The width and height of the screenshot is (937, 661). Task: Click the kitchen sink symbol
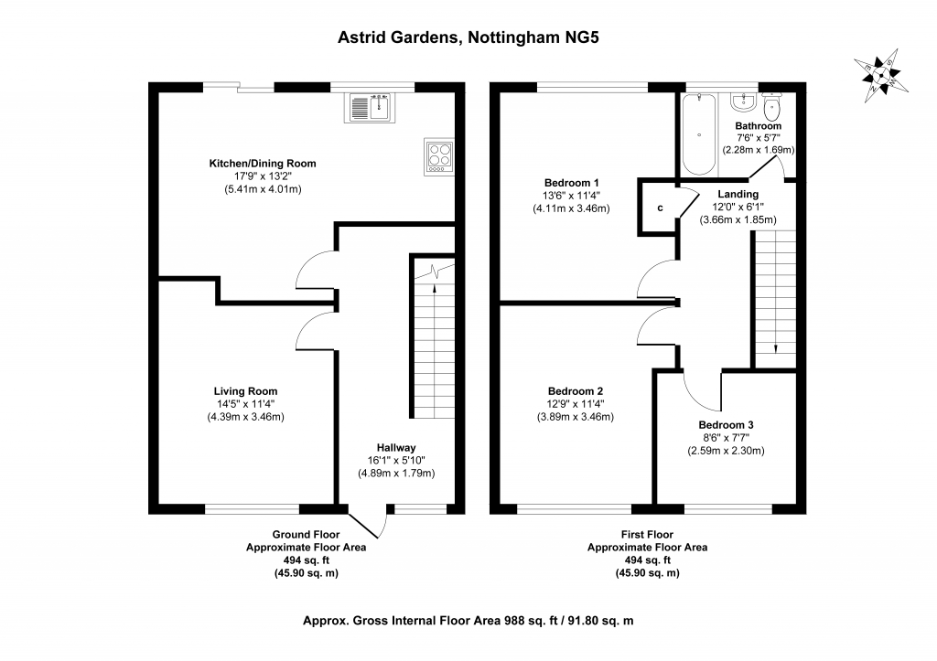370,108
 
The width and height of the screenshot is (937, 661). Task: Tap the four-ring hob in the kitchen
439,157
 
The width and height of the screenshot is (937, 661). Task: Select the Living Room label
245,391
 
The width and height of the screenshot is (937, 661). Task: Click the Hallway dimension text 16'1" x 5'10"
396,461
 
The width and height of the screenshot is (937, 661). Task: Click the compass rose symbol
881,76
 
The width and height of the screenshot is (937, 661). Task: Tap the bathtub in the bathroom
699,134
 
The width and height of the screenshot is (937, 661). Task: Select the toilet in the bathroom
771,107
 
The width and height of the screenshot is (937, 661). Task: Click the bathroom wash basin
744,101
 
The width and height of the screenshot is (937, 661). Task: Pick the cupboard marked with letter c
659,208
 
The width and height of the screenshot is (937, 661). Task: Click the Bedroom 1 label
571,183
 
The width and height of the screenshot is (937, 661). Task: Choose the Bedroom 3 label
726,425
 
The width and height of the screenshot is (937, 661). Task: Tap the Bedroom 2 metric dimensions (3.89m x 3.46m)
576,417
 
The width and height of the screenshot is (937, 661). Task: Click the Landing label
738,194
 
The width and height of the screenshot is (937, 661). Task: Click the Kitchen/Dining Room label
263,164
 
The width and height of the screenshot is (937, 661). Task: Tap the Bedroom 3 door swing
699,394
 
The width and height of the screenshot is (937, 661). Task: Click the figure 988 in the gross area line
514,621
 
